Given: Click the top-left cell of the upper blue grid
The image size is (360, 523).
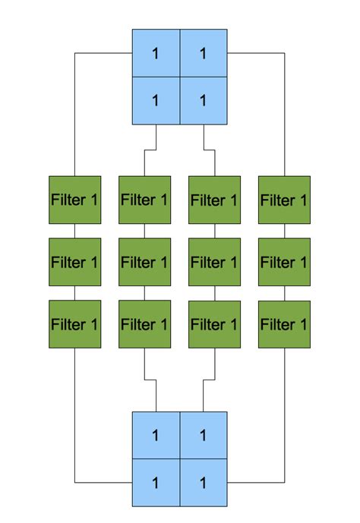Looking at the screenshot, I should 156,53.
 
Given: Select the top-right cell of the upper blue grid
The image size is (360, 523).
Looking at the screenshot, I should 204,53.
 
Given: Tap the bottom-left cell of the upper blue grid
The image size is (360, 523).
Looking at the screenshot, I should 156,100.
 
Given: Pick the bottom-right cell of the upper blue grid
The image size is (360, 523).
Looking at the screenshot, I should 204,100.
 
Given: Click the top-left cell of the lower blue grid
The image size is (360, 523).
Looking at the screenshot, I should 156,436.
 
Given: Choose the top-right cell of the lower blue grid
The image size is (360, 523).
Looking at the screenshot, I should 204,436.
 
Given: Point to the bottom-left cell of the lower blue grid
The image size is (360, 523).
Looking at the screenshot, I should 156,483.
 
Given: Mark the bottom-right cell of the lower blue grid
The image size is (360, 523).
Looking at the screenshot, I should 204,483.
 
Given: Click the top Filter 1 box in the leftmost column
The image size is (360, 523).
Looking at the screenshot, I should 74,200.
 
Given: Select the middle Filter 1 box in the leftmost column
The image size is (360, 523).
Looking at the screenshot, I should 74,263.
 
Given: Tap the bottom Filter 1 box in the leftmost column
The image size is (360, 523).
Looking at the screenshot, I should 74,324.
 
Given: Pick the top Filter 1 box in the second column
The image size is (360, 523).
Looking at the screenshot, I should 144,200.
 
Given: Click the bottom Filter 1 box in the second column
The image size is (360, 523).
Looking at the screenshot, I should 144,324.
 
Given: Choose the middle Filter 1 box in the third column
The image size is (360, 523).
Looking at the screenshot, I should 214,263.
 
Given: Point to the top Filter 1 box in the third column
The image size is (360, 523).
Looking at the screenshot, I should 214,200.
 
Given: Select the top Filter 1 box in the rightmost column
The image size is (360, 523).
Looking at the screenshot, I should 284,200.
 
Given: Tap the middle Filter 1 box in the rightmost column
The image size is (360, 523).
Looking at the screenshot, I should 284,263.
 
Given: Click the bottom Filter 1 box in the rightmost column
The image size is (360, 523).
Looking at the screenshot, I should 284,324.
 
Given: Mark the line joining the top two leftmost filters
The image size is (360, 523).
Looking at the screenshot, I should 74,232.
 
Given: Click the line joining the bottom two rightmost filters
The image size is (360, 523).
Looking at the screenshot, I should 284,294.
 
